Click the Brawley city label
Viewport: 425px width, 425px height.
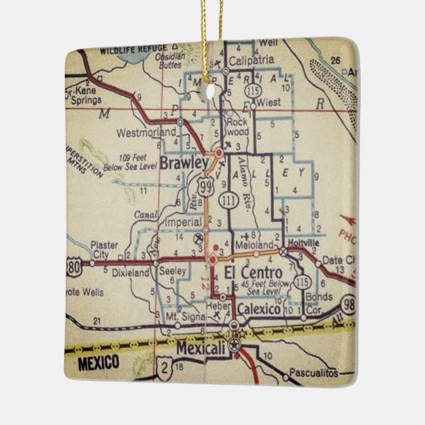(184, 162)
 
